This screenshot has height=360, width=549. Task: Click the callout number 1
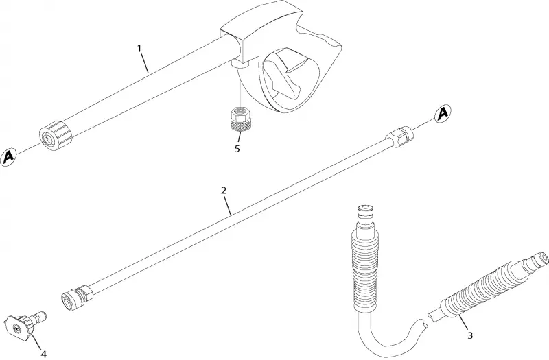139,48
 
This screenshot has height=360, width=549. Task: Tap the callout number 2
224,191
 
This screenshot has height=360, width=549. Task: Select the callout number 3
470,335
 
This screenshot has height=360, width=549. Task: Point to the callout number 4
43,354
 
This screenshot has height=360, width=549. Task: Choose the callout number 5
237,149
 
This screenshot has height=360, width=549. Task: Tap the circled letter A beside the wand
443,113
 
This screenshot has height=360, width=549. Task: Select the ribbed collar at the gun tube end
56,135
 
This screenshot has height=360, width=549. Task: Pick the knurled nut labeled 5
240,119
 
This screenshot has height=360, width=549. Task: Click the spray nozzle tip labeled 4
26,324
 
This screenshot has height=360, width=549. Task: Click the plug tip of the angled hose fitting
534,261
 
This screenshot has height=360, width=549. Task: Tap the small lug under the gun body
240,64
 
